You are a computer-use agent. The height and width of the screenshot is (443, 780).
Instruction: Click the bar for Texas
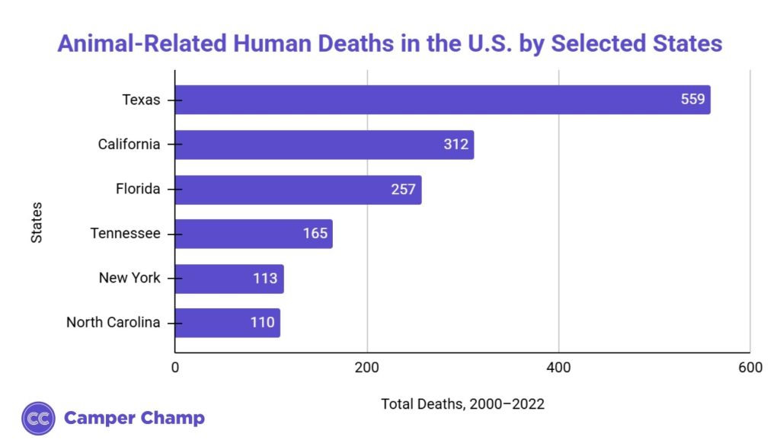coord(442,100)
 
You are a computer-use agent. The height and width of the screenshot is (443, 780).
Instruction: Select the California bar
coord(324,145)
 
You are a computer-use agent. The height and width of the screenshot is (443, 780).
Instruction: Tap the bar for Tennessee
coord(254,234)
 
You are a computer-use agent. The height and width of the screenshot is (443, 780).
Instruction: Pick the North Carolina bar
coord(227,323)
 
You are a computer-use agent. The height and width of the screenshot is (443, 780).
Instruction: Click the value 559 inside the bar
coord(693,100)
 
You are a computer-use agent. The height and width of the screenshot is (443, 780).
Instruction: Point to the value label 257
coord(404,190)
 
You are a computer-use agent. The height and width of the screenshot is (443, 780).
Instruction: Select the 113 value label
coord(265,279)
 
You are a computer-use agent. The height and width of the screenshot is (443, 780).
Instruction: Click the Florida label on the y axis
coord(137,189)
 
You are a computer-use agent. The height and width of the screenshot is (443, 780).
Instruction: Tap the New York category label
coord(129,278)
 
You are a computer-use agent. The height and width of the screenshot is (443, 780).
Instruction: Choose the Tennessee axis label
coord(125,234)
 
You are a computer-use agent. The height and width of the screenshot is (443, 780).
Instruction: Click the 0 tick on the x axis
coord(175,368)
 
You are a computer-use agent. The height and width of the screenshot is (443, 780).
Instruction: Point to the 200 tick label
coord(367,368)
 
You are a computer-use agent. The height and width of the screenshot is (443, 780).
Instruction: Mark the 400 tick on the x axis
coord(559,368)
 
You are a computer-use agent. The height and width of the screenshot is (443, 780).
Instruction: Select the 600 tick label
coord(750,368)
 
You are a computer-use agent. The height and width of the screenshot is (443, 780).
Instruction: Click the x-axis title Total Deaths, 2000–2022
coord(462,404)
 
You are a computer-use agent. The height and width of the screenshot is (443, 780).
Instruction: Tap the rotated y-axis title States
coord(37,222)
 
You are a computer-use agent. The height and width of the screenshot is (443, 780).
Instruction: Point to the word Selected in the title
coord(599,43)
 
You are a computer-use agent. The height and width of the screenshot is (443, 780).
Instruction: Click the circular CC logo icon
coord(38,418)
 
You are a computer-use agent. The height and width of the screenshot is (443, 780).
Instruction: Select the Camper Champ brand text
coord(134,418)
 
